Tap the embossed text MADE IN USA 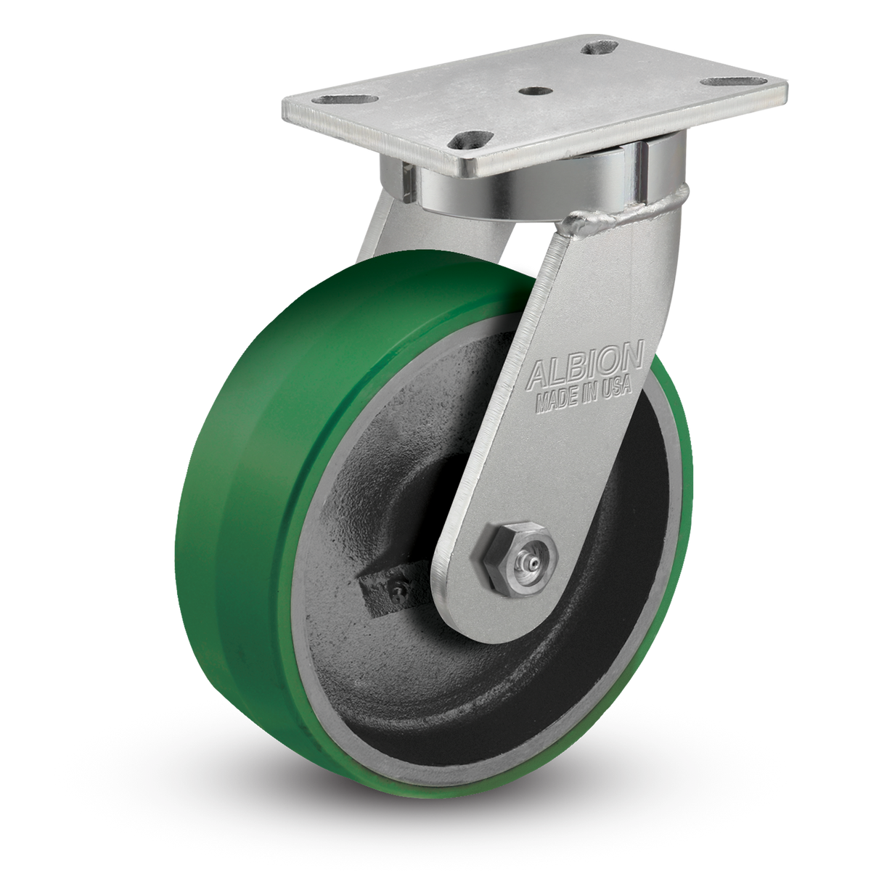click(584, 396)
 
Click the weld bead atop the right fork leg click(623, 215)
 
